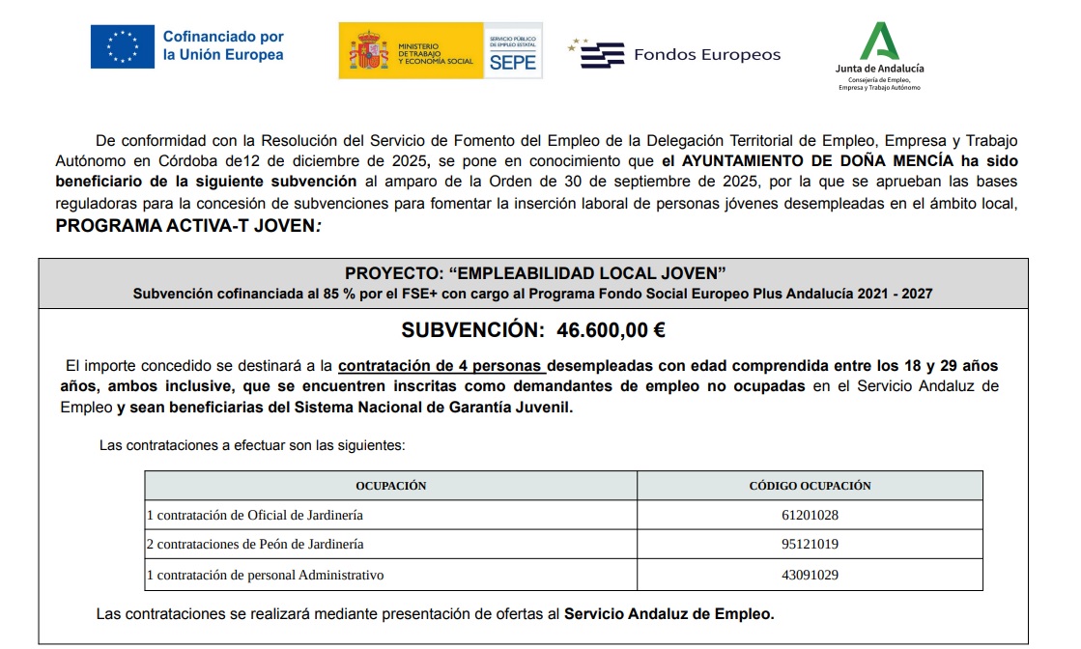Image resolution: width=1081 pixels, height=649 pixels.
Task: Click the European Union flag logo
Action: pyautogui.click(x=122, y=46)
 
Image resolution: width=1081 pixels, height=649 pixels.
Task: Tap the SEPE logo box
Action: pyautogui.click(x=512, y=51)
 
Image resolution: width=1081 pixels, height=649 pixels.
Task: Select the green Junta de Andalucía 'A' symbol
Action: pyautogui.click(x=880, y=41)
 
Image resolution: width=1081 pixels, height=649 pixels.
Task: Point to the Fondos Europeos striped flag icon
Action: pyautogui.click(x=601, y=54)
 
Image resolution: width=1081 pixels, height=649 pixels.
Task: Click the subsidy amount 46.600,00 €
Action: pyautogui.click(x=611, y=330)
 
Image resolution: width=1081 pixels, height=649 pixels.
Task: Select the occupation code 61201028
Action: pyautogui.click(x=810, y=515)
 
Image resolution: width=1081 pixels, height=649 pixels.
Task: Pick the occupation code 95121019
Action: pyautogui.click(x=810, y=545)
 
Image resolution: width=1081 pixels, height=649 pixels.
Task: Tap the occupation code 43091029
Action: pyautogui.click(x=810, y=575)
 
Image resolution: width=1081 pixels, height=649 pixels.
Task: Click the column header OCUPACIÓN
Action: pyautogui.click(x=390, y=486)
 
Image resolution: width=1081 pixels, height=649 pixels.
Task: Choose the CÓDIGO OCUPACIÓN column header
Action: pyautogui.click(x=810, y=486)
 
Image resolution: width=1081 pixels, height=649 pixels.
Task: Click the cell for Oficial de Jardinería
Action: pyautogui.click(x=255, y=515)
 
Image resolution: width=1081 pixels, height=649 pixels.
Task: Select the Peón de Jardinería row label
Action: pyautogui.click(x=255, y=545)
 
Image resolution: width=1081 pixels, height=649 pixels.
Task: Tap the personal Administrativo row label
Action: pyautogui.click(x=265, y=575)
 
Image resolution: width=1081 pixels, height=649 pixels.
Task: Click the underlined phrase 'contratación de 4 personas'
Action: pyautogui.click(x=441, y=366)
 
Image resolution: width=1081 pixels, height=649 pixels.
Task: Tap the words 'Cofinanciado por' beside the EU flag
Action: pyautogui.click(x=223, y=37)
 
